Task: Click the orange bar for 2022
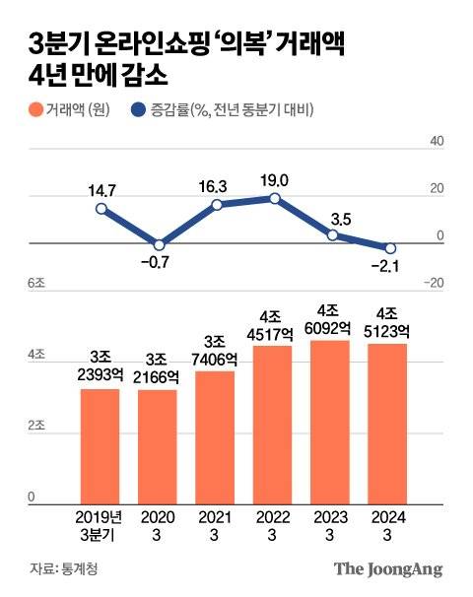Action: click(x=274, y=424)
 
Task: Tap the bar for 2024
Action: click(x=389, y=423)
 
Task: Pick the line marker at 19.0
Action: click(x=274, y=198)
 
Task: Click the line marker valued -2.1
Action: click(x=389, y=248)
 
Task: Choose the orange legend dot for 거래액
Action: click(x=36, y=110)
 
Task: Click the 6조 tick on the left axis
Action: click(x=37, y=283)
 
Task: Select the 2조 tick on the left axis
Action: click(x=36, y=425)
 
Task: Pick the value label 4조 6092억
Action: click(x=331, y=321)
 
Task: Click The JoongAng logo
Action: click(x=387, y=568)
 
